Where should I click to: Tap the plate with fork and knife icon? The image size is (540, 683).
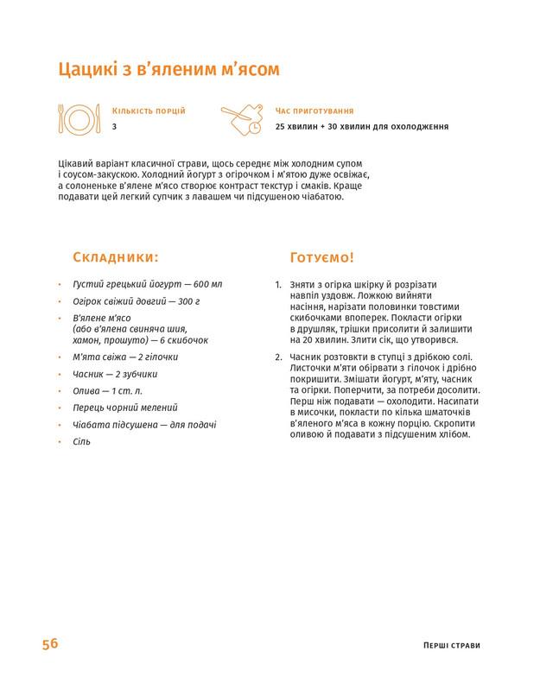[79, 118]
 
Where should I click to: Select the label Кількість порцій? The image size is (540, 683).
[149, 111]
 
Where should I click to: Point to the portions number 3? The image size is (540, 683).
[114, 127]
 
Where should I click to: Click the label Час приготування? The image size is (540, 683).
[314, 111]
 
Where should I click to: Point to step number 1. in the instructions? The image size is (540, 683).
[277, 284]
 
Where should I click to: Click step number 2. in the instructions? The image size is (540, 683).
[277, 357]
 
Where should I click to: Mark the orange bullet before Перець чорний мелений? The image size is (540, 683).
[59, 408]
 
